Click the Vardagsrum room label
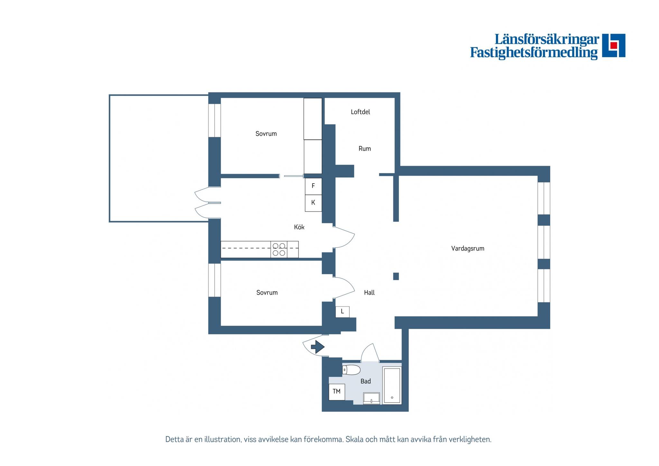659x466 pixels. (x=468, y=248)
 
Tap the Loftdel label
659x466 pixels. (x=360, y=112)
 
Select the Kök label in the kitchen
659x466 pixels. (x=299, y=227)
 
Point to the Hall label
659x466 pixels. (x=369, y=293)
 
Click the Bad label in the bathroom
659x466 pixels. (x=366, y=381)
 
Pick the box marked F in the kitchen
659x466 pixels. (x=313, y=186)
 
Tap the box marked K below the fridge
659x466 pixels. (x=313, y=203)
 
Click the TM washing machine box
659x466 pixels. (x=337, y=392)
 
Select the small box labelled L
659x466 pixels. (x=342, y=312)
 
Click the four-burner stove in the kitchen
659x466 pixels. (x=279, y=249)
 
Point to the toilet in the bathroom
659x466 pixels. (x=351, y=370)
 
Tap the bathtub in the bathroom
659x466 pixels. (x=392, y=385)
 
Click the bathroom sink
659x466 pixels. (x=371, y=398)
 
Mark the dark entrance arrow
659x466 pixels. (x=318, y=347)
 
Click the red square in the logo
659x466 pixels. (x=614, y=45)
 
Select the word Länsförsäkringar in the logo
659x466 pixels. (x=546, y=39)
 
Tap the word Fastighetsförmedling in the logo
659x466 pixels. (x=534, y=53)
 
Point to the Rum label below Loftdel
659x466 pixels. (x=365, y=149)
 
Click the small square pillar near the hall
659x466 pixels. (x=396, y=276)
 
